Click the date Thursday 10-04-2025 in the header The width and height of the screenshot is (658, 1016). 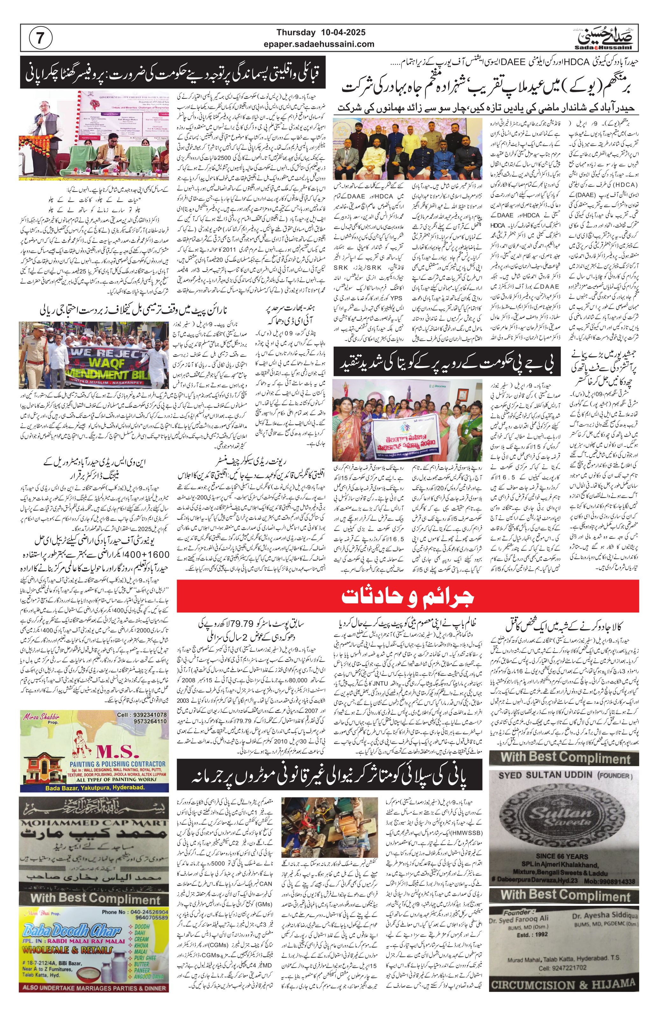coord(321,32)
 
